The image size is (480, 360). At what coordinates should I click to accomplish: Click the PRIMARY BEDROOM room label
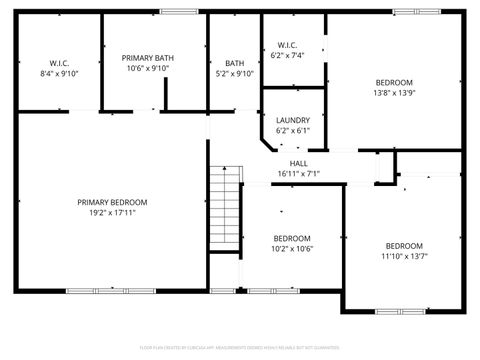coord(112,202)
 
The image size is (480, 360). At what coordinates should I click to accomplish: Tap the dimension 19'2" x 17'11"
coord(112,213)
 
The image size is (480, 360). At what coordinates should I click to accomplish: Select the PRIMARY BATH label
coord(149,58)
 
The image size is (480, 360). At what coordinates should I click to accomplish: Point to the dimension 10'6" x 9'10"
coord(149,70)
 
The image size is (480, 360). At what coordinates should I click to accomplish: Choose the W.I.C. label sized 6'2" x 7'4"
coord(287,45)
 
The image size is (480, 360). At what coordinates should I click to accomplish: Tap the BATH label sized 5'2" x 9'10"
coord(234,63)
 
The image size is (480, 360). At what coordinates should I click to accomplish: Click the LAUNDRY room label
coord(293,120)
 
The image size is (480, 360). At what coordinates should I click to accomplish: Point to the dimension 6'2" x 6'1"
coord(293,131)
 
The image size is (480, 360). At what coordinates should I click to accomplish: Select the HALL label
coord(299,163)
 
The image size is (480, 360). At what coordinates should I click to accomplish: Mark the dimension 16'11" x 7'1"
coord(299,174)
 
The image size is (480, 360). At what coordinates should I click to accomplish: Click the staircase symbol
coord(226,210)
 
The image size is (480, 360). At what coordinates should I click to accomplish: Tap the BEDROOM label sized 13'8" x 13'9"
coord(395,82)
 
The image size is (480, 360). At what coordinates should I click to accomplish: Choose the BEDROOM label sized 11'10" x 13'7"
coord(405,246)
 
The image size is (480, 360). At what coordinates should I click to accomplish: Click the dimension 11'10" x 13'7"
coord(405,257)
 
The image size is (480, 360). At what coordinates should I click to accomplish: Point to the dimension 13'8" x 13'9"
coord(395,93)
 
